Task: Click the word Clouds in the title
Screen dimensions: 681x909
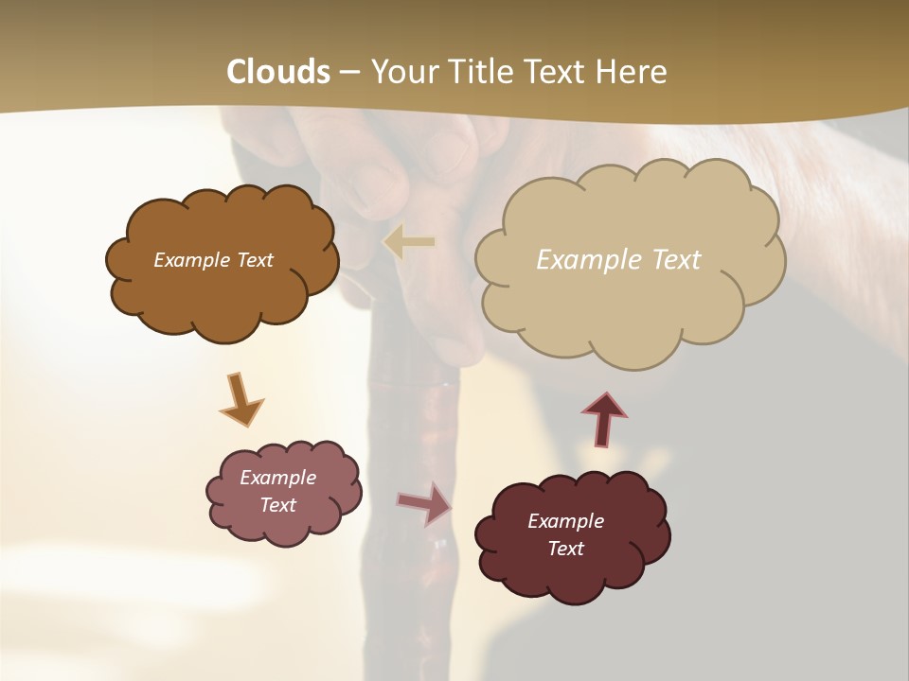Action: pos(278,72)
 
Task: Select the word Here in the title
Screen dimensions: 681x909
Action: pos(631,72)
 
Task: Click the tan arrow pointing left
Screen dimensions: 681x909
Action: pos(409,242)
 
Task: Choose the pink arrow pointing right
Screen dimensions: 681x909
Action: pos(424,502)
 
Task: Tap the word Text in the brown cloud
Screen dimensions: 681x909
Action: pos(254,260)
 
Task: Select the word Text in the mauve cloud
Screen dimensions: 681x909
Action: pos(278,505)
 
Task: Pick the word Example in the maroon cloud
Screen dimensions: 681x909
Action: pos(565,521)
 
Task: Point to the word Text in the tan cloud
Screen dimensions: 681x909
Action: pos(676,260)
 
